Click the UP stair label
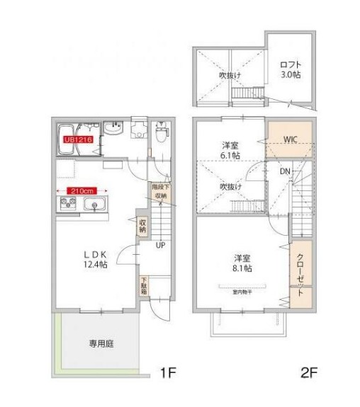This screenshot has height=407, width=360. [161, 244]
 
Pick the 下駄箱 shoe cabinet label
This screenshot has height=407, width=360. [143, 285]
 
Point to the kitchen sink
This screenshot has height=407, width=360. [94, 205]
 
